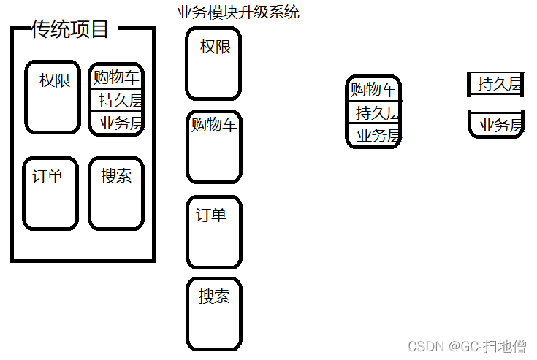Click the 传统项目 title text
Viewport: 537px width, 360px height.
point(70,29)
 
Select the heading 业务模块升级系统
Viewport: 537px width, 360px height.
point(238,12)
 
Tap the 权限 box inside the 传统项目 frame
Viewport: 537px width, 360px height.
point(53,97)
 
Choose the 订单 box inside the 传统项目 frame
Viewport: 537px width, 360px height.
point(50,194)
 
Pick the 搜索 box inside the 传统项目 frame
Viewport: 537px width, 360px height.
point(116,194)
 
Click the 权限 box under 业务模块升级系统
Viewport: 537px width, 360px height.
point(213,64)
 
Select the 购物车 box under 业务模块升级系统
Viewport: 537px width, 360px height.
point(213,146)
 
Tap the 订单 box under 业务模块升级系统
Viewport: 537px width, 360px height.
point(213,231)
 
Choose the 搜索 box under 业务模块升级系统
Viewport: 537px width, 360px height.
point(213,313)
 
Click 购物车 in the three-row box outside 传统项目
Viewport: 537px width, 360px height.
point(373,90)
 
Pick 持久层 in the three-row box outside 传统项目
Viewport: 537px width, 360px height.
point(373,112)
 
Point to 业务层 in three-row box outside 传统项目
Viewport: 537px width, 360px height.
point(373,135)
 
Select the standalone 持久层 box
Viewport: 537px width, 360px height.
point(497,84)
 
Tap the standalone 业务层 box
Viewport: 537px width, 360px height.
point(497,125)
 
